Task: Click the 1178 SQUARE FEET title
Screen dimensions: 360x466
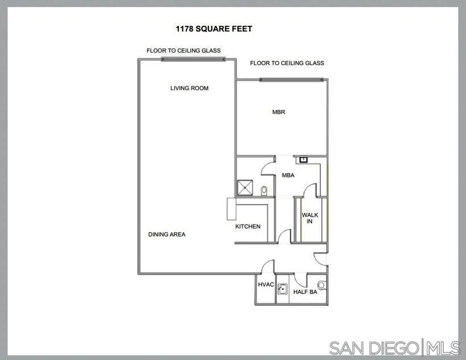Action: tap(214, 29)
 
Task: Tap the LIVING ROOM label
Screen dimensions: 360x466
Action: tap(189, 88)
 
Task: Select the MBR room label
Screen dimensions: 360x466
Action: tap(279, 112)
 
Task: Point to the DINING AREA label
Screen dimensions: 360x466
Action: tap(167, 234)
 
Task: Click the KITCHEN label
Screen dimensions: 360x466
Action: tap(248, 226)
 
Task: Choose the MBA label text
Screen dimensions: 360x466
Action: tap(289, 175)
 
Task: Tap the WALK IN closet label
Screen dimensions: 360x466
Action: tap(310, 218)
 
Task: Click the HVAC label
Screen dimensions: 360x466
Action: tap(266, 284)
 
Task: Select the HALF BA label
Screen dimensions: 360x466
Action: tap(305, 292)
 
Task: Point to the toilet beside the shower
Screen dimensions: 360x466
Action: tap(264, 190)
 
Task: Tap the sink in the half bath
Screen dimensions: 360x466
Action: tap(282, 288)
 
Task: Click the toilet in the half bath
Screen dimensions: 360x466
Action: tap(321, 285)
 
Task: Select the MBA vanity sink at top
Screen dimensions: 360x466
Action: tap(302, 159)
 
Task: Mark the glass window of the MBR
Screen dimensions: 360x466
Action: tap(291, 80)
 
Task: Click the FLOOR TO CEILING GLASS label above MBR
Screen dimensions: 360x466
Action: tap(287, 63)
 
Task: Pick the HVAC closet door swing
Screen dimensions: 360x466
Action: tap(268, 267)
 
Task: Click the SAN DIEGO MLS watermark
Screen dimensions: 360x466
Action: tap(394, 348)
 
